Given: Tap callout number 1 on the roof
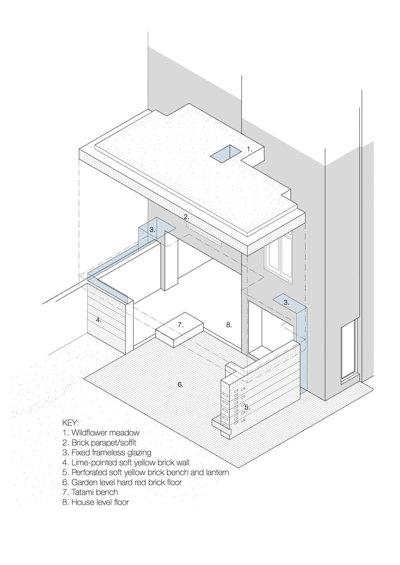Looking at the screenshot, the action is pyautogui.click(x=249, y=149).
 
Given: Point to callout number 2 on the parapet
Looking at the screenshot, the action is pyautogui.click(x=186, y=216).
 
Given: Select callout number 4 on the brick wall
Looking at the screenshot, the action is pyautogui.click(x=99, y=320).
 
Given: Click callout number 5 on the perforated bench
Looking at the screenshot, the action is pyautogui.click(x=247, y=407).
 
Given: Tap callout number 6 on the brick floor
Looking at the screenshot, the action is pyautogui.click(x=180, y=384).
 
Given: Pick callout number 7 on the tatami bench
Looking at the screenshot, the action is pyautogui.click(x=180, y=325).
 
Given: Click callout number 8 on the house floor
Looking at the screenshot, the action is pyautogui.click(x=229, y=325).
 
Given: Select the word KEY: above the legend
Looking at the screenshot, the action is pyautogui.click(x=71, y=423).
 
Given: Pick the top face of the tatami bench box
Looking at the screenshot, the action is pyautogui.click(x=180, y=325).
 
